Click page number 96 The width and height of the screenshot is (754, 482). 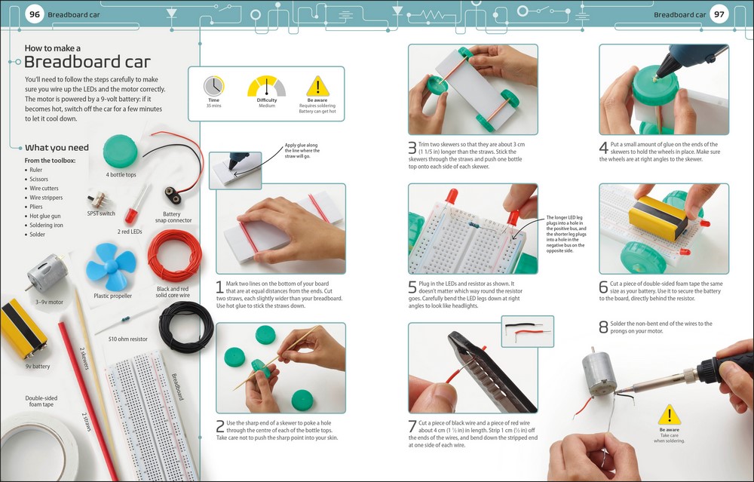[x=34, y=14]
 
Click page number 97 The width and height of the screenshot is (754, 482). [x=719, y=14]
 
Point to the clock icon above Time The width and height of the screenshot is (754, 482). [x=214, y=86]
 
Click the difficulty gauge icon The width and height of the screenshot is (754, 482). [x=267, y=86]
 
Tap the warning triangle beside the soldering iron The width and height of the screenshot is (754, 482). [x=669, y=415]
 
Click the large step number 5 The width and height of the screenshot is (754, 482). [x=412, y=287]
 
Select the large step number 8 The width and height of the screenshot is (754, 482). [x=603, y=327]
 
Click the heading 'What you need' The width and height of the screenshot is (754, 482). [x=57, y=148]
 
